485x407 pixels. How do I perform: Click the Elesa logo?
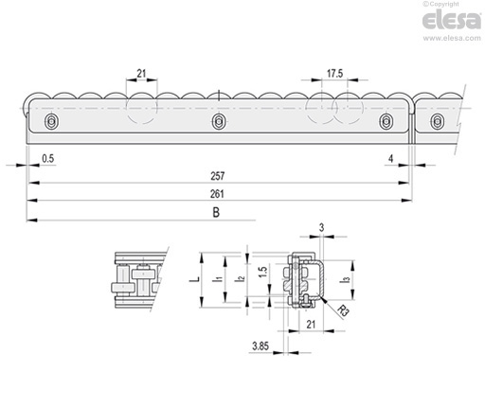click(x=452, y=21)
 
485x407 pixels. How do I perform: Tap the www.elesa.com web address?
click(x=452, y=38)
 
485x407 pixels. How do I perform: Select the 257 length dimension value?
click(x=218, y=176)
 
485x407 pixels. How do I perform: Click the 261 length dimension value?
click(x=217, y=194)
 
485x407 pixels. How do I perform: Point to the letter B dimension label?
click(x=216, y=213)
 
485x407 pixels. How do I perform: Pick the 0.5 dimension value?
click(x=48, y=158)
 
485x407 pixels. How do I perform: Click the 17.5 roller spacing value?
click(x=334, y=74)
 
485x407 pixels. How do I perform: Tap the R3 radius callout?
click(x=343, y=310)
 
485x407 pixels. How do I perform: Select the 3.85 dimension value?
click(x=260, y=346)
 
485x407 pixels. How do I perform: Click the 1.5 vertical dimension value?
click(x=263, y=273)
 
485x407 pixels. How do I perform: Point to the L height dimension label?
click(x=196, y=279)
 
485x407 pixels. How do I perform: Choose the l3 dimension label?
click(x=347, y=279)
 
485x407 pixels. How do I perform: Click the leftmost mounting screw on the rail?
click(x=51, y=121)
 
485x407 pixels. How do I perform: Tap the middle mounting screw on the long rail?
click(x=218, y=121)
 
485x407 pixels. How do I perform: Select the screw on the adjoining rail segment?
click(x=437, y=121)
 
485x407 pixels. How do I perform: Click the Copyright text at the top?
click(x=440, y=4)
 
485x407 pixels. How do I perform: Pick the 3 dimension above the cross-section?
click(x=321, y=227)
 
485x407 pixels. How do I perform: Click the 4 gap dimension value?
click(x=391, y=158)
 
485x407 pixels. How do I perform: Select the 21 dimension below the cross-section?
click(x=311, y=325)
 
